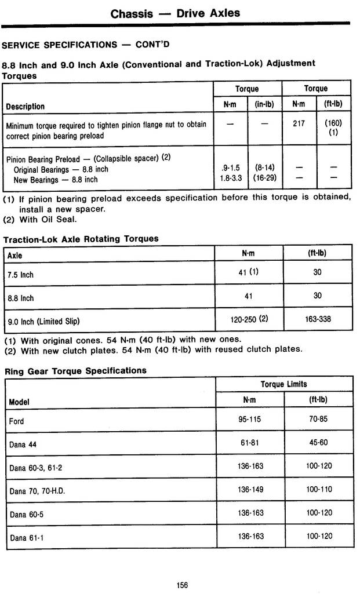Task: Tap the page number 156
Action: (183, 585)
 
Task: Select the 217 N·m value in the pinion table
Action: (299, 123)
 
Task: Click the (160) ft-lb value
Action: (333, 123)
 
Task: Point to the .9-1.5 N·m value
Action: (230, 169)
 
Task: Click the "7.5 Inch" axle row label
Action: (20, 275)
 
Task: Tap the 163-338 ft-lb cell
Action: (318, 319)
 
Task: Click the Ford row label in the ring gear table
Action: (16, 421)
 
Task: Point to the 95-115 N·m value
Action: (250, 420)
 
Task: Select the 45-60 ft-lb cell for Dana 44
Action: (319, 443)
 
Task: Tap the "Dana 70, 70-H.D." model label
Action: (37, 491)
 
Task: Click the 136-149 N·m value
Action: (250, 490)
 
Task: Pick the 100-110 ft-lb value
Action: (319, 490)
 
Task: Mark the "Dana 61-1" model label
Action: (27, 538)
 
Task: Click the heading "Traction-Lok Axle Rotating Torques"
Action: (81, 239)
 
